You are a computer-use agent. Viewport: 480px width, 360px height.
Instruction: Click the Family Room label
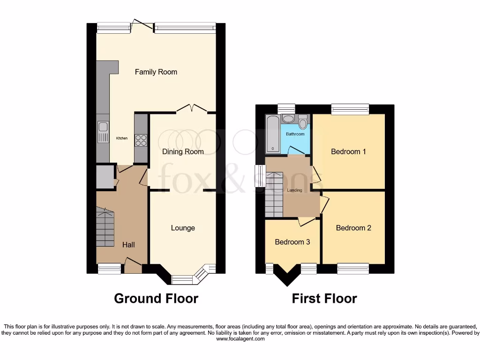tap(156, 72)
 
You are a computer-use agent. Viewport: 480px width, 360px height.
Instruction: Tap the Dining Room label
tap(183, 151)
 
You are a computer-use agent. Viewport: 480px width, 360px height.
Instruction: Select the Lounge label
tap(183, 228)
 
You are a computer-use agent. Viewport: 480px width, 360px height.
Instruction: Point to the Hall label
tap(128, 245)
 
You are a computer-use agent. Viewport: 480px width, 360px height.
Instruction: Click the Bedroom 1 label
tap(348, 151)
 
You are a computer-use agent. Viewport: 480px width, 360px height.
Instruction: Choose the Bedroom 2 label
tap(353, 228)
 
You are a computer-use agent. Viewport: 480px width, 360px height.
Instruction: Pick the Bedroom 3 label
tap(292, 242)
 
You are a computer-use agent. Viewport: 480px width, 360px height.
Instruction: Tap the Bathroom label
tap(295, 134)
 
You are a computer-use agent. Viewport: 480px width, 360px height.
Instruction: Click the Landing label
tap(295, 190)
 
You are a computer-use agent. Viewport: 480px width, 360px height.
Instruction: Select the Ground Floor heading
tap(156, 298)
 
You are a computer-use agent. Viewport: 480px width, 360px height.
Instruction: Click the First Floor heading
tap(324, 298)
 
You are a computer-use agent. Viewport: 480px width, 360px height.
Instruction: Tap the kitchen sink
tap(103, 132)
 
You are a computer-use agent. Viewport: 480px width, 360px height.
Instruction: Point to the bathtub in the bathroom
tap(272, 135)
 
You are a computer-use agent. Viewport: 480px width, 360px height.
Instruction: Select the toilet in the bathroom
tap(303, 123)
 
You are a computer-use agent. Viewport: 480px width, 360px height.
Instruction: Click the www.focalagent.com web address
tap(240, 339)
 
